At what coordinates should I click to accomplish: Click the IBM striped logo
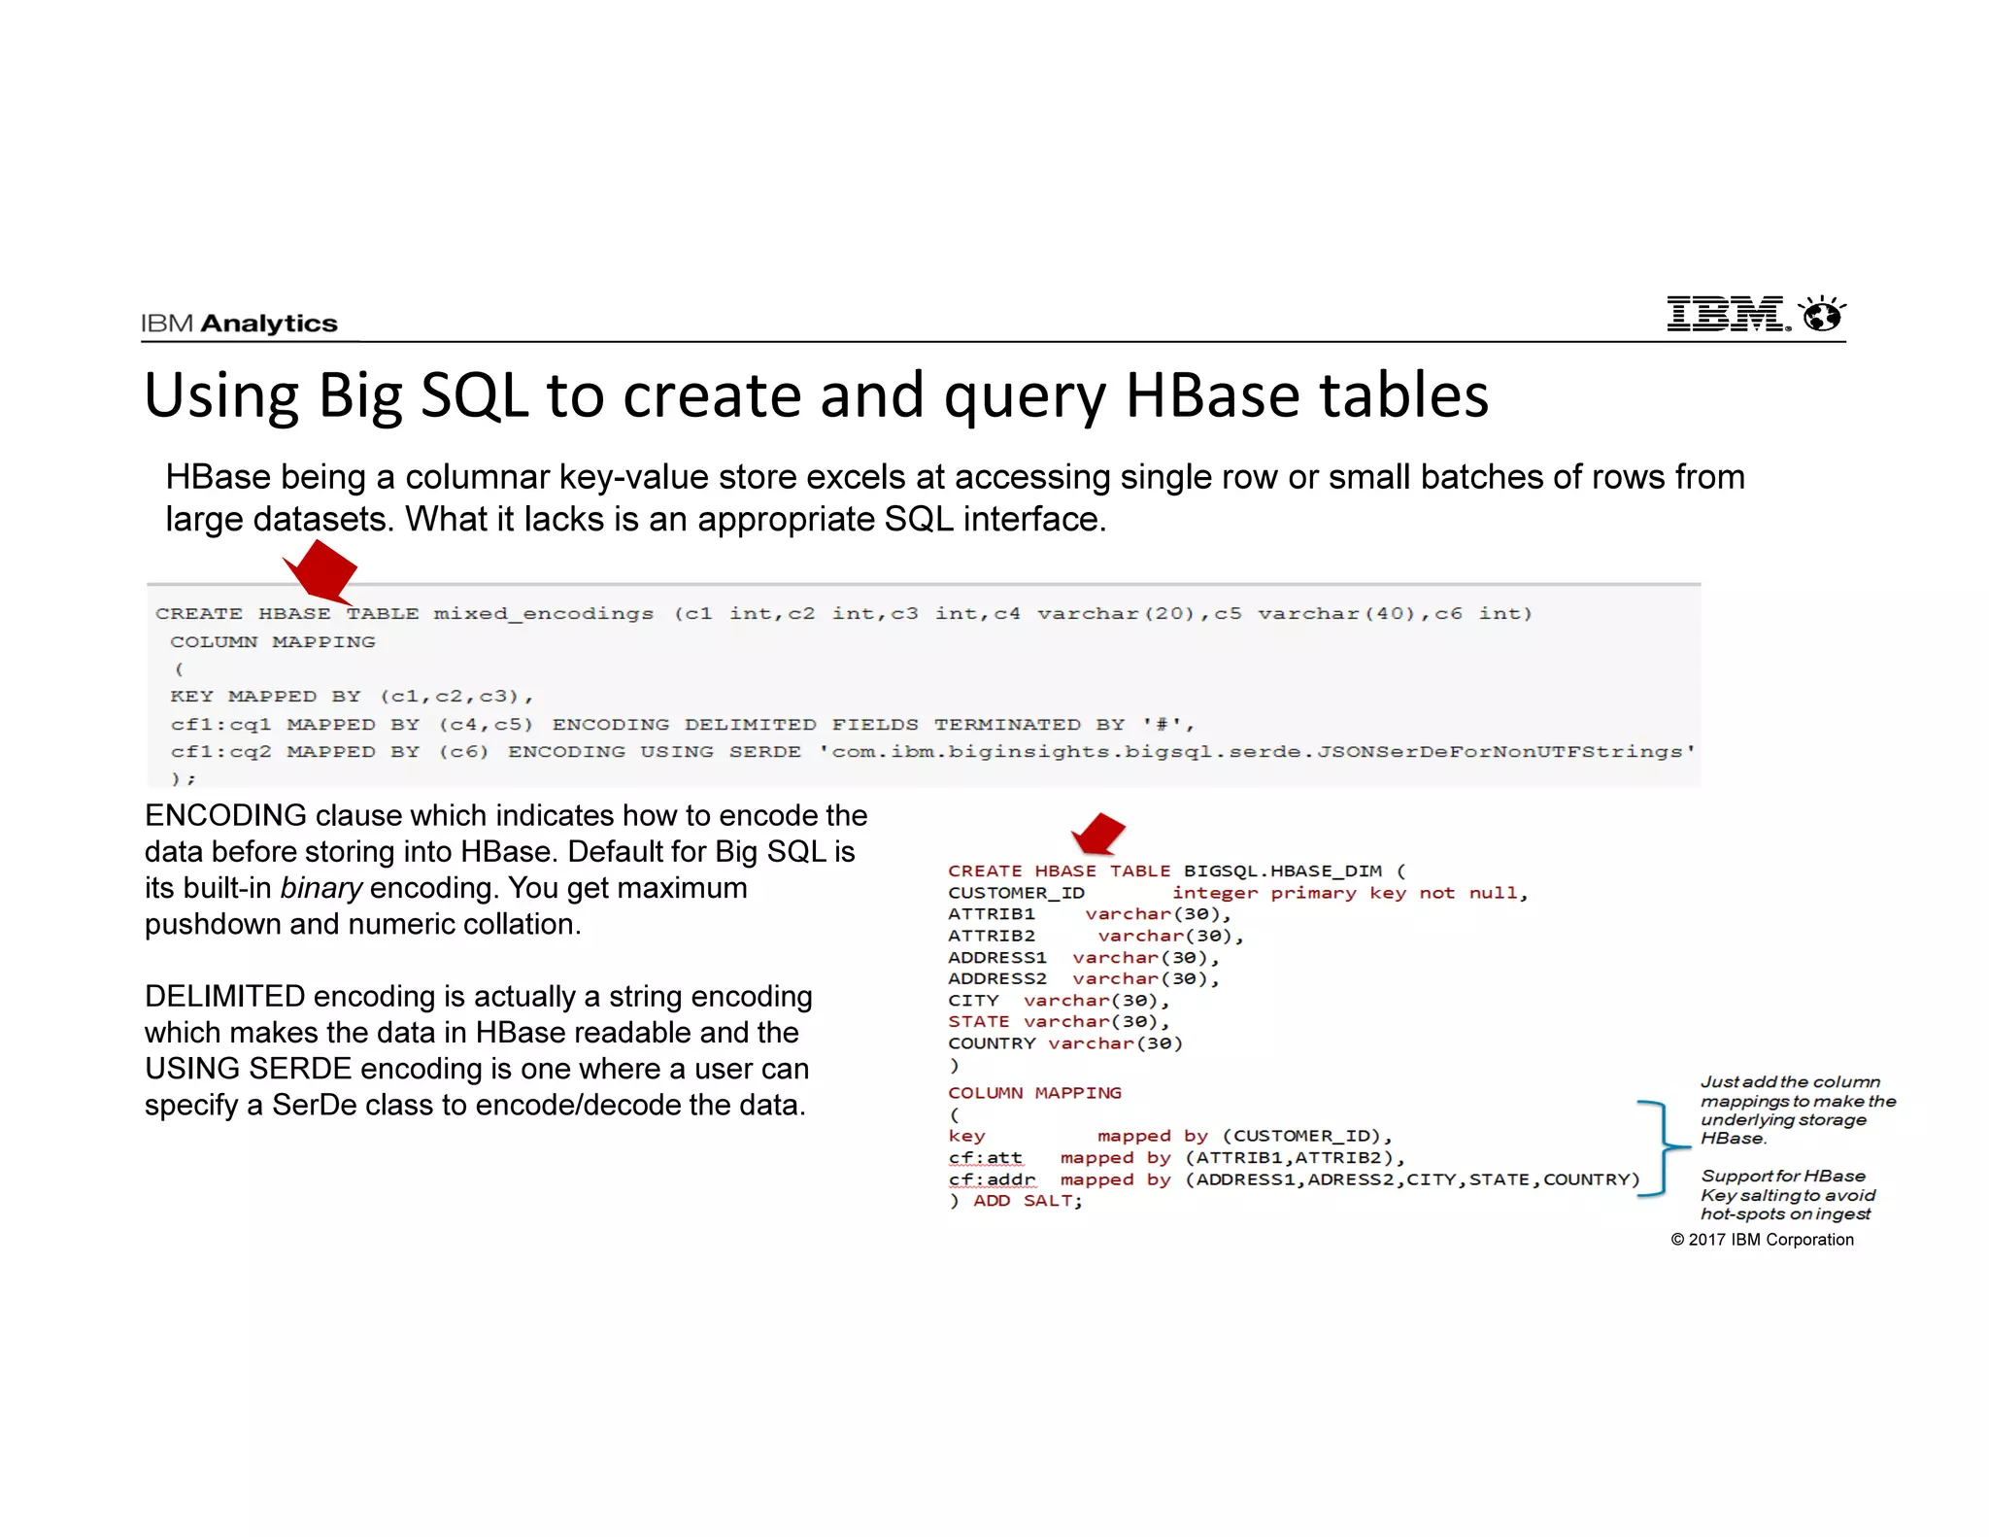click(x=1727, y=314)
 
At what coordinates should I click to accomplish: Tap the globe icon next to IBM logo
click(x=1822, y=315)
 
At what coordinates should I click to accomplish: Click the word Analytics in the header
click(x=269, y=324)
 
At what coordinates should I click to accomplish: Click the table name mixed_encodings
click(x=543, y=613)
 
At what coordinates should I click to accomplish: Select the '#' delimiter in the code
click(x=1160, y=725)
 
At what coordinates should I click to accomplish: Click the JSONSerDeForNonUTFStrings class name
click(x=1501, y=752)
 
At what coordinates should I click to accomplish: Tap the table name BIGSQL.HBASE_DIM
click(x=1282, y=871)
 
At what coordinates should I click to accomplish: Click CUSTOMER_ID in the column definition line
click(x=1016, y=893)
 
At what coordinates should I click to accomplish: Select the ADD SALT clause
click(x=1027, y=1201)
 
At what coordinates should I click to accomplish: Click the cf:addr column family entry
click(x=992, y=1179)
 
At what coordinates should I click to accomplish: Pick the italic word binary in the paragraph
click(x=320, y=888)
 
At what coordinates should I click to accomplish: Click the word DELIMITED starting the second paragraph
click(x=224, y=997)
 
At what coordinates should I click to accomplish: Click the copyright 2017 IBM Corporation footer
click(x=1762, y=1240)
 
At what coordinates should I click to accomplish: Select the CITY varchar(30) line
click(x=1059, y=1001)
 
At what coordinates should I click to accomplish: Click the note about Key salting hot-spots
click(x=1786, y=1195)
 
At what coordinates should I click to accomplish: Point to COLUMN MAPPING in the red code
click(x=1034, y=1093)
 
